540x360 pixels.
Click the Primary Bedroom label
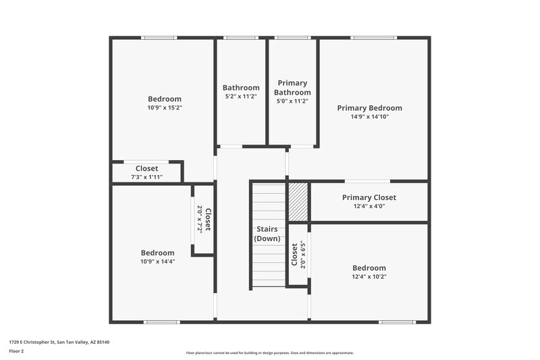(369, 108)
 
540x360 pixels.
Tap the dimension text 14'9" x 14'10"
(369, 117)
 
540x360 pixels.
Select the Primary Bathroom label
(292, 88)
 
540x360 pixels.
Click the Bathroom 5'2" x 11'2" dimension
(241, 97)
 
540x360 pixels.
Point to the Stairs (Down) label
(267, 234)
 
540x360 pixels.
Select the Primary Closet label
(369, 198)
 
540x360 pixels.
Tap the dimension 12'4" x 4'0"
(369, 207)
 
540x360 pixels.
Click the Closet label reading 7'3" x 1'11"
(146, 169)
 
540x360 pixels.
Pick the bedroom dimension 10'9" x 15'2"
(165, 107)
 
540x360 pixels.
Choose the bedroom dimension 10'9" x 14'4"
(157, 261)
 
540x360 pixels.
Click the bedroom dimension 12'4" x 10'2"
(369, 276)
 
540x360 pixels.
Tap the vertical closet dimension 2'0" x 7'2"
(200, 220)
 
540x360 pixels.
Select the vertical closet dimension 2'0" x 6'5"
(303, 255)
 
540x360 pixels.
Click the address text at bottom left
(59, 342)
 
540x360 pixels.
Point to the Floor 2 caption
(16, 351)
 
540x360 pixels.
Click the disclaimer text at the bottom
(269, 353)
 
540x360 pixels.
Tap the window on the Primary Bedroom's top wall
(374, 38)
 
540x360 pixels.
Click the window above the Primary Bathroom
(292, 38)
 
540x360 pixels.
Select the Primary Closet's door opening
(367, 181)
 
